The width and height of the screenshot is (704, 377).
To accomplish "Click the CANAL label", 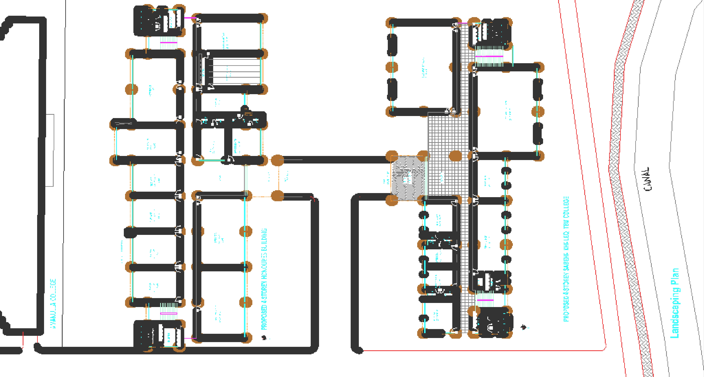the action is tap(647, 179).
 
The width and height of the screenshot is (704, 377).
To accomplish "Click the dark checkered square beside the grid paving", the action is tap(408, 178).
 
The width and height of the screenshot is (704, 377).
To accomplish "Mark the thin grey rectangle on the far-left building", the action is tap(50, 150).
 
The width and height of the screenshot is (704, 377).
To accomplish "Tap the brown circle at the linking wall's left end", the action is tap(277, 160).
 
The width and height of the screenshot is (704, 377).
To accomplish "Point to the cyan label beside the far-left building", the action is tap(53, 303).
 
